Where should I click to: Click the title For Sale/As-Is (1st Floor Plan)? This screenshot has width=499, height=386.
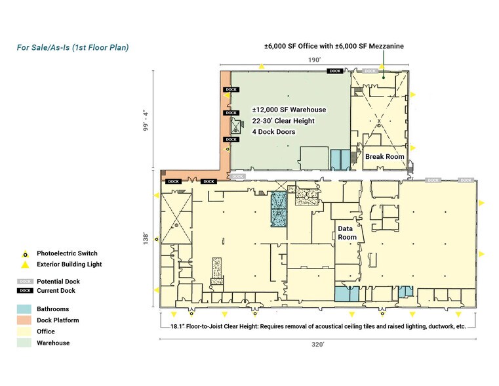click(72, 47)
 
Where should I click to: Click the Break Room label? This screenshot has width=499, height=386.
click(384, 156)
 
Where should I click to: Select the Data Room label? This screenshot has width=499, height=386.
click(347, 232)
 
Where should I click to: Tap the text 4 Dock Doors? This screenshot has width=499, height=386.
click(273, 132)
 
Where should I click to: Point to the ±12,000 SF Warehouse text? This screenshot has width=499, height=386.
click(289, 110)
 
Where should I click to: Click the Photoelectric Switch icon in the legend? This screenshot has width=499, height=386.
click(25, 253)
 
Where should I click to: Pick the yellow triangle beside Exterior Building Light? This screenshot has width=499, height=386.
click(25, 265)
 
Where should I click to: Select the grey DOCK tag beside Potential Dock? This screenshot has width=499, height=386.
click(25, 281)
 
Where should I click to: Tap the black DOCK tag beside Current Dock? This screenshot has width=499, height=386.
click(25, 291)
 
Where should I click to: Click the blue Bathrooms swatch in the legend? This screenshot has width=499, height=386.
click(25, 309)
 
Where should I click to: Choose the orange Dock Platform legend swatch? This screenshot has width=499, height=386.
click(25, 320)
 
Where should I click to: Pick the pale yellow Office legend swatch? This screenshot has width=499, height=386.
click(25, 332)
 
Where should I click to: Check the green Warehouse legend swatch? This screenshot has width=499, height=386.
click(25, 343)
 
